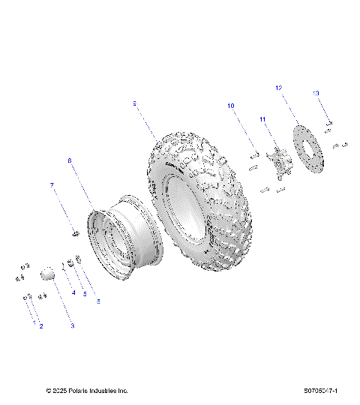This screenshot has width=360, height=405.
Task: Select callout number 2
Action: [41, 326]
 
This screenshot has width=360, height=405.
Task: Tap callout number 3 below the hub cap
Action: [72, 326]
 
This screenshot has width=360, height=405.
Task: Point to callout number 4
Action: [73, 292]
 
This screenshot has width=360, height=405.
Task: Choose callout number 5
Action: [85, 295]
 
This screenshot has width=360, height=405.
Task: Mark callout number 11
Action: [262, 119]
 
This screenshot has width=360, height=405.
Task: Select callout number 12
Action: [278, 88]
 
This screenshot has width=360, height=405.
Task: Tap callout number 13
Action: [316, 92]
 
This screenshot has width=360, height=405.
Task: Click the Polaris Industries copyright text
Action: [87, 391]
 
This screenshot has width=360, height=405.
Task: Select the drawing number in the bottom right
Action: [321, 391]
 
